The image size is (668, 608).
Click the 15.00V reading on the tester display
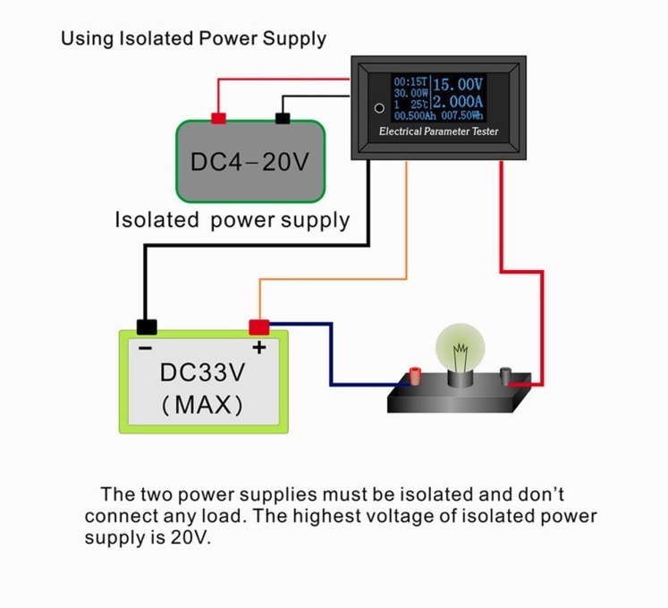(458, 84)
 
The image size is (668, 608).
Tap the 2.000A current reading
(458, 101)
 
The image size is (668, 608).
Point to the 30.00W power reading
(410, 93)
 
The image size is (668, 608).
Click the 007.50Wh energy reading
(462, 115)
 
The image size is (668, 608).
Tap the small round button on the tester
(379, 108)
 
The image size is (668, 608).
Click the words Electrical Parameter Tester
(439, 131)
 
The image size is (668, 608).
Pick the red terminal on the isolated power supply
(218, 118)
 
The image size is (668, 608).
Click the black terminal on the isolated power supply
(283, 118)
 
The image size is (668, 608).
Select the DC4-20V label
(249, 162)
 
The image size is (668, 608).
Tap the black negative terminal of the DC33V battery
(147, 326)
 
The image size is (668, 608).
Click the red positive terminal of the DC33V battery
(259, 327)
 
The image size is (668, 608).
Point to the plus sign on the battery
(259, 348)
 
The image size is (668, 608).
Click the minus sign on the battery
(145, 349)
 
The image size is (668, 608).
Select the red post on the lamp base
(415, 375)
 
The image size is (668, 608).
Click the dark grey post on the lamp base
(505, 376)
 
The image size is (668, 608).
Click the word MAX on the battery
(203, 404)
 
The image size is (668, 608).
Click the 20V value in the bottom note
(190, 537)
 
